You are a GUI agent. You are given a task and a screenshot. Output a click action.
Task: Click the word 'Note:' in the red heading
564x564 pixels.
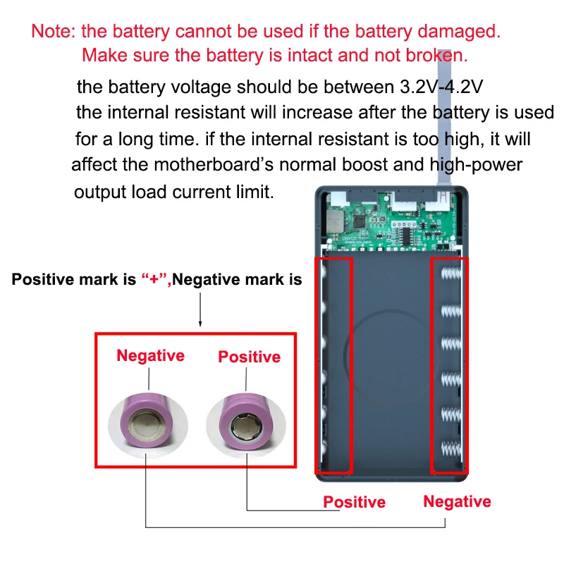pyautogui.click(x=54, y=31)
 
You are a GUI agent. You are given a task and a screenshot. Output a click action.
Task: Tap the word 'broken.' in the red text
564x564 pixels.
pyautogui.click(x=436, y=56)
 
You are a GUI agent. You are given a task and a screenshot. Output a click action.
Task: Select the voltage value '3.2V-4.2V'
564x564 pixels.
pyautogui.click(x=441, y=87)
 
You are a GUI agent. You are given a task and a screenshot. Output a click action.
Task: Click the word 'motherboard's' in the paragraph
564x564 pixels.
pyautogui.click(x=214, y=165)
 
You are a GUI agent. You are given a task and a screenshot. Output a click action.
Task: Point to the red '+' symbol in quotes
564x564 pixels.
pyautogui.click(x=154, y=279)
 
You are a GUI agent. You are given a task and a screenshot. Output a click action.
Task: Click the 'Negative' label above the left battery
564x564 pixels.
pyautogui.click(x=150, y=355)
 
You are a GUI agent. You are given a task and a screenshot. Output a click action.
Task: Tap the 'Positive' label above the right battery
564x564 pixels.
pyautogui.click(x=250, y=357)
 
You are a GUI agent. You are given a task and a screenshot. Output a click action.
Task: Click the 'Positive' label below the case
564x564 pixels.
pyautogui.click(x=355, y=502)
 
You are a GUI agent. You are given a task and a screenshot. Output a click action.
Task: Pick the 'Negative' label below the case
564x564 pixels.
pyautogui.click(x=457, y=501)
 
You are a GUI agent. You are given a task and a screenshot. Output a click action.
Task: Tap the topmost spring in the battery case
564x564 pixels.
pyautogui.click(x=451, y=274)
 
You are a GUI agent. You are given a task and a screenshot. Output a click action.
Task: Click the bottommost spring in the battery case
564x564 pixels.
pyautogui.click(x=451, y=449)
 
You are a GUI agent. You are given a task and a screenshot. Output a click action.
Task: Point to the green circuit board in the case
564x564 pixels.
pyautogui.click(x=391, y=221)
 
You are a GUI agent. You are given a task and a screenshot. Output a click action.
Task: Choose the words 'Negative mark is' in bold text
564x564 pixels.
pyautogui.click(x=237, y=279)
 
